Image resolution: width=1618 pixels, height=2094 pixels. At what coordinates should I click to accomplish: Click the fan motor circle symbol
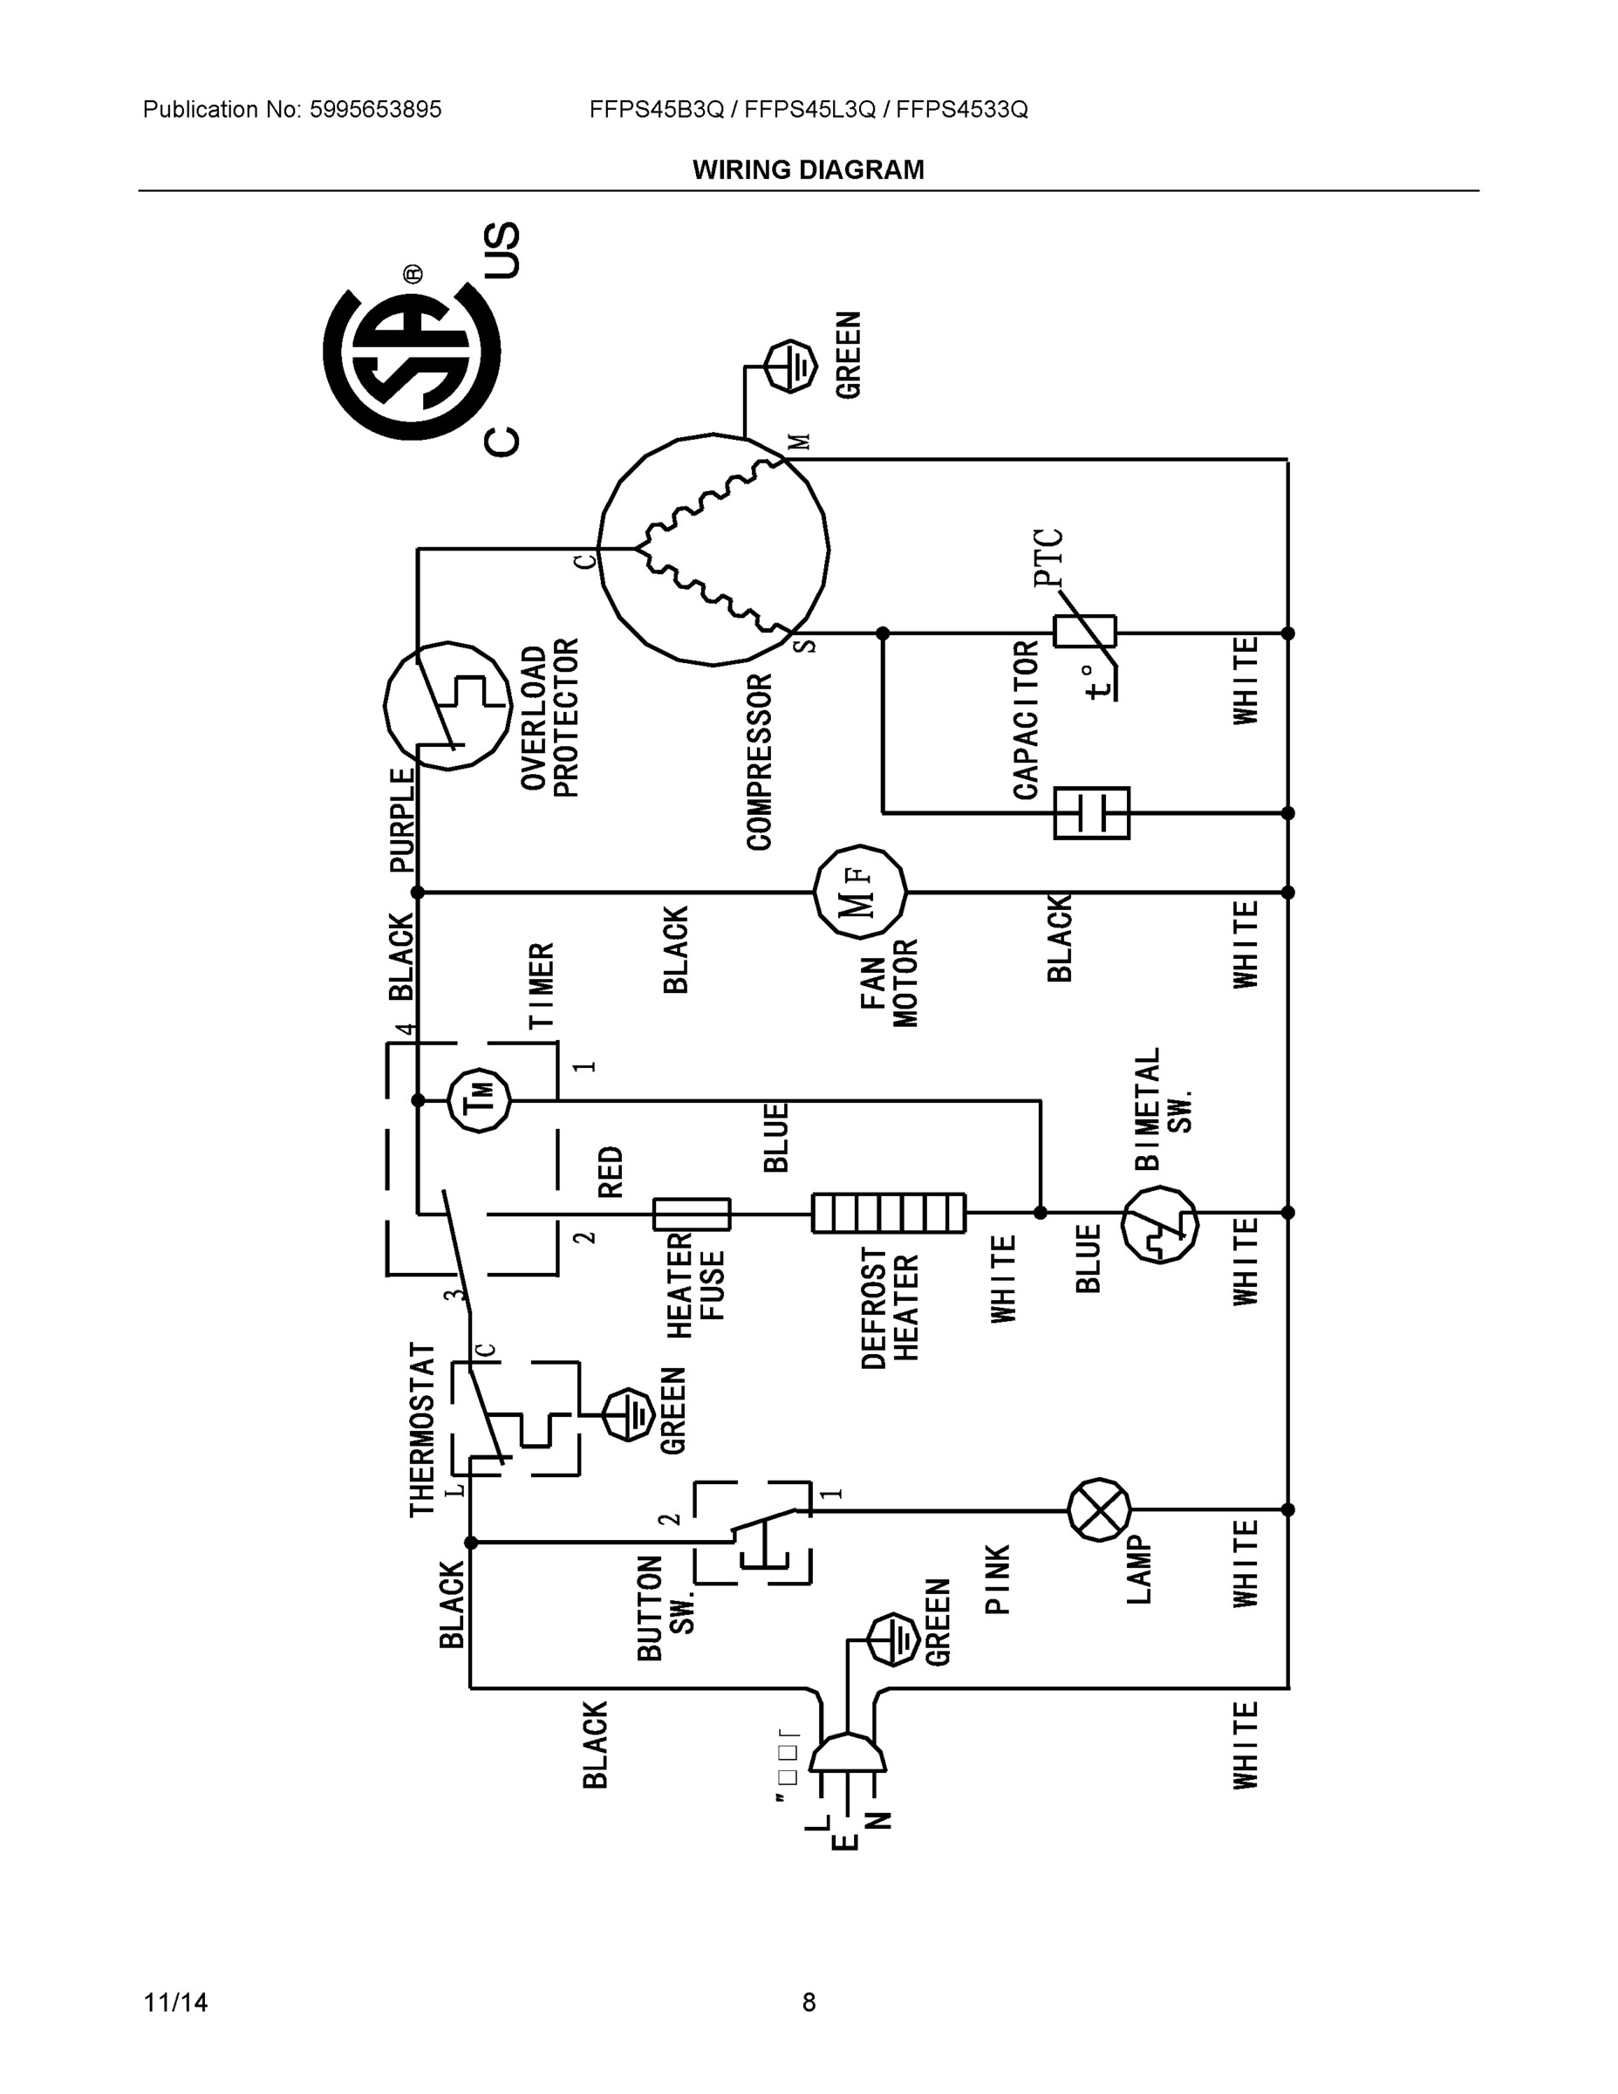[859, 892]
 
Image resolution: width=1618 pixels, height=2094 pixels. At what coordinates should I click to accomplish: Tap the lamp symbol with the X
[1098, 1509]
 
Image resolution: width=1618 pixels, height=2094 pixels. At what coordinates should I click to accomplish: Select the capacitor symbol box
[1091, 812]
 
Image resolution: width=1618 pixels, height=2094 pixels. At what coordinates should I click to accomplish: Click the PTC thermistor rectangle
[1084, 633]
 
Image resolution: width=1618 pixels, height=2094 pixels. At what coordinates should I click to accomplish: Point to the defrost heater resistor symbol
[888, 1213]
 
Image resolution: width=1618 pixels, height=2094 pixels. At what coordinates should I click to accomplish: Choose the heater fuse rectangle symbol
[691, 1214]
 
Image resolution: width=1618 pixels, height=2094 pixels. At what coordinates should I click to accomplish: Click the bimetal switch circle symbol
[1159, 1224]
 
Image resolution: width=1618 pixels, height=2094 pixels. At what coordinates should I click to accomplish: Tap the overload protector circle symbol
[447, 706]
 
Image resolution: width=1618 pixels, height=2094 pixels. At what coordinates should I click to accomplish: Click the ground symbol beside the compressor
[791, 366]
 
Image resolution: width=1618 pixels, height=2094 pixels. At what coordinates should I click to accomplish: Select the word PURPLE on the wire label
[403, 820]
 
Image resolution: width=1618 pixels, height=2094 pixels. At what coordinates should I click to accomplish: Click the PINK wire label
[998, 1578]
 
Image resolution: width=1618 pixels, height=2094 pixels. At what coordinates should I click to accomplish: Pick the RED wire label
[611, 1172]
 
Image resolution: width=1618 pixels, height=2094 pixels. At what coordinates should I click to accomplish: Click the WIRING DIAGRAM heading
[808, 170]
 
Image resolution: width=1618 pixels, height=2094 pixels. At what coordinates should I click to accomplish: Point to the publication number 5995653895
[375, 109]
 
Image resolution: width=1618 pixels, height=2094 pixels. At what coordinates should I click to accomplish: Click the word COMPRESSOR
[760, 763]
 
